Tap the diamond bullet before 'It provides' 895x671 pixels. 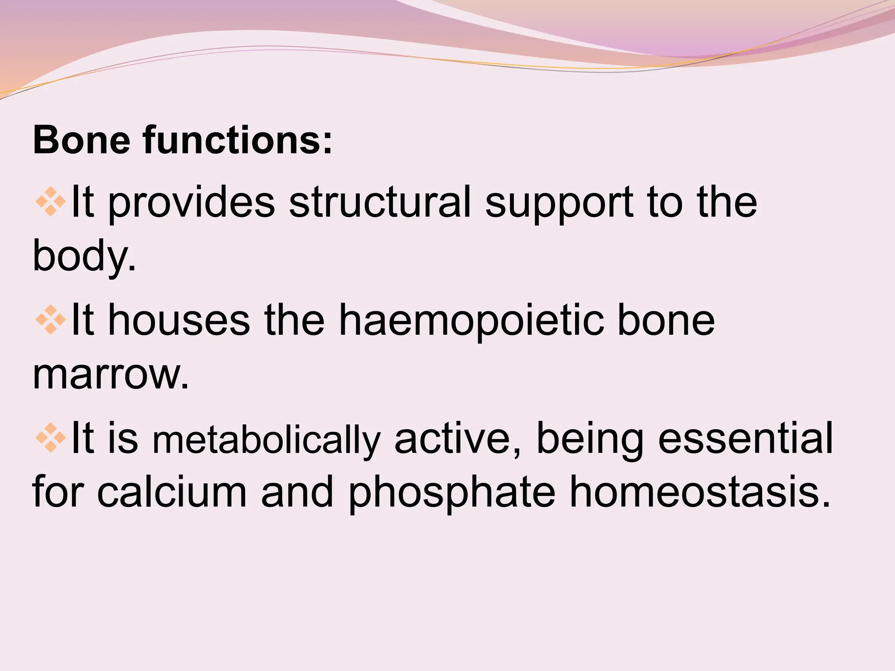pyautogui.click(x=51, y=202)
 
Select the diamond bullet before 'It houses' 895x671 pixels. pyautogui.click(x=51, y=320)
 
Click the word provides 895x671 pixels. pyautogui.click(x=191, y=203)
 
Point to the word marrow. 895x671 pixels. pyautogui.click(x=111, y=375)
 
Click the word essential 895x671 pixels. pyautogui.click(x=745, y=438)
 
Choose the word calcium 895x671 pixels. pyautogui.click(x=172, y=492)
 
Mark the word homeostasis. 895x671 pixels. pyautogui.click(x=700, y=492)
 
